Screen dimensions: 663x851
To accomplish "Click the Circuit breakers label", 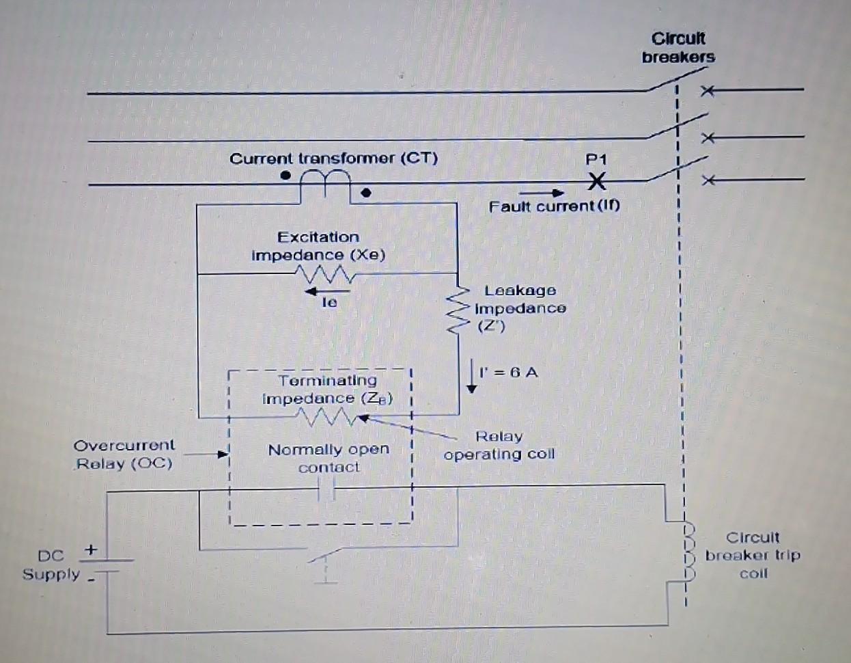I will pos(678,48).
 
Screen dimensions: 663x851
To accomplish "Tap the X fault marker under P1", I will pos(597,182).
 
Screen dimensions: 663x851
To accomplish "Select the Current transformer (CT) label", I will pos(333,159).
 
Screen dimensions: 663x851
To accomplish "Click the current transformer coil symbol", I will pos(326,180).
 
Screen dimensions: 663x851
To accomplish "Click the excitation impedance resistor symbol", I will pos(325,275).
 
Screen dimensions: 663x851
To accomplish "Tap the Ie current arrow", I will pos(327,292).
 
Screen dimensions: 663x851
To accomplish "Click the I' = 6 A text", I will pos(508,373).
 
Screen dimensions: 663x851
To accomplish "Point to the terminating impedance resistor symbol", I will pos(326,416).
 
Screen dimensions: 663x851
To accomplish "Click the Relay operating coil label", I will pos(499,446).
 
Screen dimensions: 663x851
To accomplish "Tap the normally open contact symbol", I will pos(328,489).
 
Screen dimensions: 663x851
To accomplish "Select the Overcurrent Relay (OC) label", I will pos(124,455).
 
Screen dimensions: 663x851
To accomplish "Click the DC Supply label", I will pos(51,565).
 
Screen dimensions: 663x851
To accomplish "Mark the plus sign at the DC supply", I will pos(91,549).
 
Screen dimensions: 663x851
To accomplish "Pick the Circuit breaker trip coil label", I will pos(753,555).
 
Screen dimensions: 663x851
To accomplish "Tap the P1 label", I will pos(596,159).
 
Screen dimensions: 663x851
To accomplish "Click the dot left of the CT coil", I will pos(286,176).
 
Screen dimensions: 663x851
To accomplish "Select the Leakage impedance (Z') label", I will pos(520,308).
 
